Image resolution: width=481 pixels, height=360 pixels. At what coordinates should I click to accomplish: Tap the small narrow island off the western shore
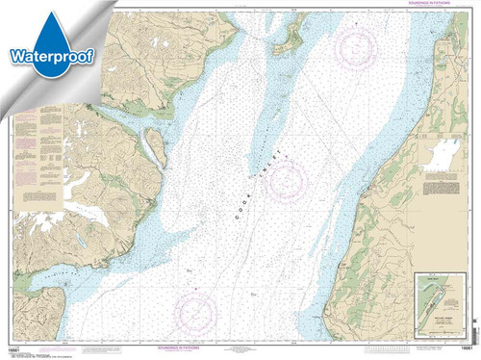coord(151,146)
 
